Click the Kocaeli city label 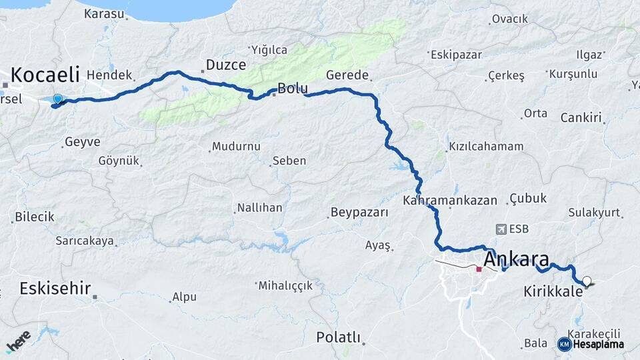pyautogui.click(x=45, y=74)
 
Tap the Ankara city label pyautogui.click(x=517, y=259)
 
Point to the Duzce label pyautogui.click(x=226, y=65)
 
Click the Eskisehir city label pyautogui.click(x=55, y=289)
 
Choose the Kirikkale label pyautogui.click(x=553, y=291)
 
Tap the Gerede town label pyautogui.click(x=347, y=75)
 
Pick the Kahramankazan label pyautogui.click(x=450, y=200)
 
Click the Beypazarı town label pyautogui.click(x=360, y=213)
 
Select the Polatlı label pyautogui.click(x=339, y=337)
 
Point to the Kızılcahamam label pyautogui.click(x=486, y=146)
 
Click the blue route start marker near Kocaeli pyautogui.click(x=57, y=100)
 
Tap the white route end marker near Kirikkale pyautogui.click(x=587, y=281)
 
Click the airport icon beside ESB pyautogui.click(x=501, y=229)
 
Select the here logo pyautogui.click(x=18, y=341)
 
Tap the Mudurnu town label pyautogui.click(x=236, y=147)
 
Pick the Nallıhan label pyautogui.click(x=260, y=208)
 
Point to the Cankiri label pyautogui.click(x=581, y=118)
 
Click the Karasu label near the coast pyautogui.click(x=104, y=13)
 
